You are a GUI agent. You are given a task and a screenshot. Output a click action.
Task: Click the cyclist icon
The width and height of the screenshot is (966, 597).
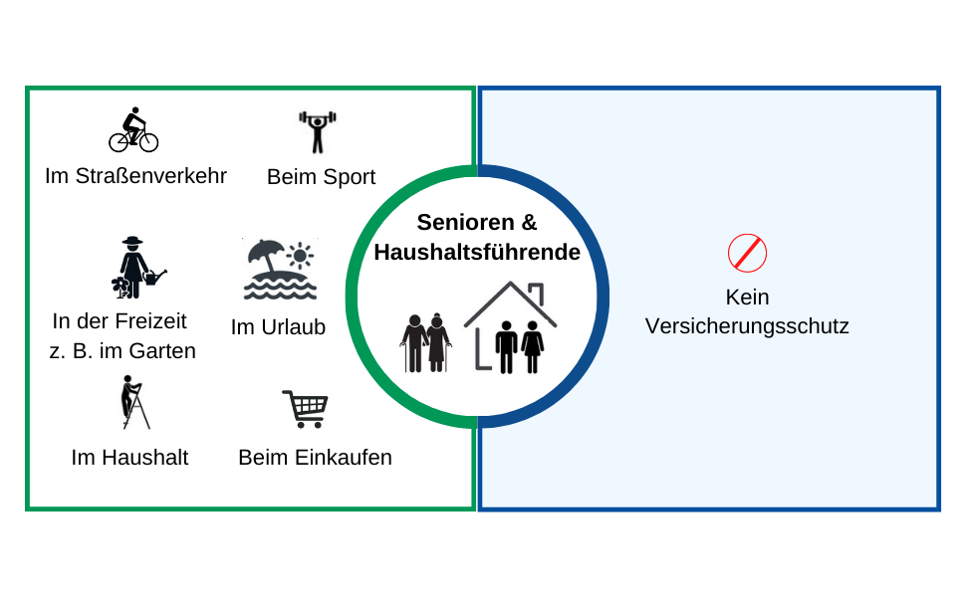(133, 130)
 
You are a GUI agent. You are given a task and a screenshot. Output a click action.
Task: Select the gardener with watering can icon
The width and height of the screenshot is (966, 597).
(136, 268)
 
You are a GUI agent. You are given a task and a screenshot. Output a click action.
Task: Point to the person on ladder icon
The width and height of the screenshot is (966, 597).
(133, 402)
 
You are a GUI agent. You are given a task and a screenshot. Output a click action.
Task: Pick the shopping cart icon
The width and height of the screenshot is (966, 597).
(305, 408)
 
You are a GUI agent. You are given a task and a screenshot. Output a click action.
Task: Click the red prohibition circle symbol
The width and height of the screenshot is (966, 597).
(747, 253)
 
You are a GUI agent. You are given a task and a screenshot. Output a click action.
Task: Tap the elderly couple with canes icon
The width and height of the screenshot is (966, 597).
(426, 343)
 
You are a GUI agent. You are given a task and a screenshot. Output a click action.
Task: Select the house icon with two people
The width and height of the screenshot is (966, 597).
(510, 328)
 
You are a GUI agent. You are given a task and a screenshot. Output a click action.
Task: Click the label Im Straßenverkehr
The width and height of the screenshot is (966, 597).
(135, 176)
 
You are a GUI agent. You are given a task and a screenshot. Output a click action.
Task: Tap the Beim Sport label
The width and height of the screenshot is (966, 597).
(321, 177)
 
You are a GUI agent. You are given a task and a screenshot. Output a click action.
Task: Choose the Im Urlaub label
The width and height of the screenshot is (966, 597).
(278, 326)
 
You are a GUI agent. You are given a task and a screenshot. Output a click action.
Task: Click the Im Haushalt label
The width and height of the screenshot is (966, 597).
(129, 458)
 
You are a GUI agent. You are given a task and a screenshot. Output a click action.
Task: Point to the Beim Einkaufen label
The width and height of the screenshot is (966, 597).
(315, 458)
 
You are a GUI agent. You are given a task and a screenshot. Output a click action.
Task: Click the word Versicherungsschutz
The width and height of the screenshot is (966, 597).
(747, 326)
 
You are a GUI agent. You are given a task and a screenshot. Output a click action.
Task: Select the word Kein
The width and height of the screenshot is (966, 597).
(747, 298)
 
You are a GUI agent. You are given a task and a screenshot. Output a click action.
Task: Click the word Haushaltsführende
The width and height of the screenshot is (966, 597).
(477, 253)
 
